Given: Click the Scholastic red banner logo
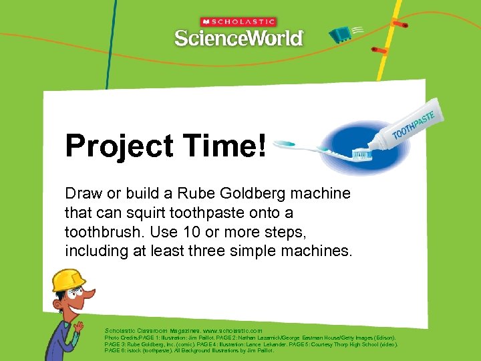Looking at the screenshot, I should tap(238, 21).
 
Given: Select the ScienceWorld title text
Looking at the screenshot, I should tap(238, 38).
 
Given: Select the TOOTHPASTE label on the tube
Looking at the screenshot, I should tap(414, 124).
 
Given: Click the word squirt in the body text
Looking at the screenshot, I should tap(145, 213).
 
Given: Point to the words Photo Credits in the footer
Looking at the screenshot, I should tap(120, 338).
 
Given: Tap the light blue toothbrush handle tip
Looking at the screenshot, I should tap(282, 143).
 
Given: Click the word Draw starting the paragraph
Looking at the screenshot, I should tap(82, 193).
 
